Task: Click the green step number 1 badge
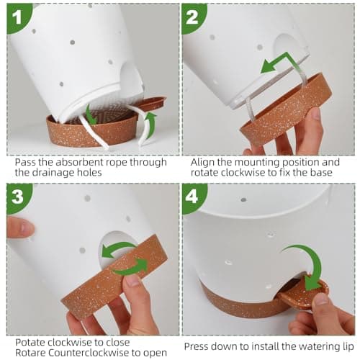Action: pos(18,18)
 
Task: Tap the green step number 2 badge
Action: pos(193,18)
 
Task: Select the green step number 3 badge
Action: pos(18,197)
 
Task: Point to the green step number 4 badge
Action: pos(193,197)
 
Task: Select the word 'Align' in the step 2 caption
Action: pos(202,163)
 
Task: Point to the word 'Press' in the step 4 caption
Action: pos(197,346)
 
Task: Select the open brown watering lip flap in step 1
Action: pos(150,102)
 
